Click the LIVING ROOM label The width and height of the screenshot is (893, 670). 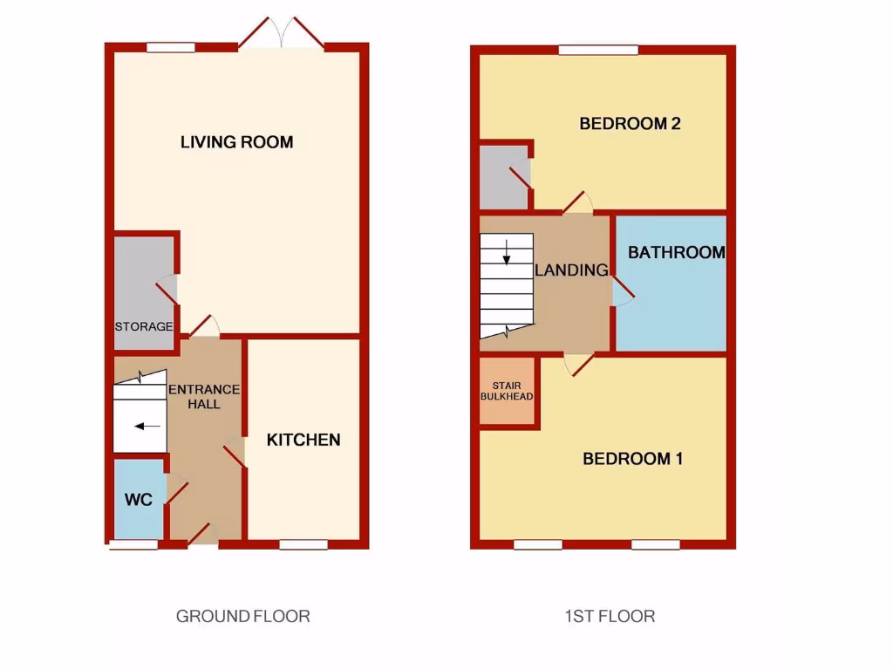click(x=236, y=142)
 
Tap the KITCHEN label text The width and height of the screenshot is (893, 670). click(x=303, y=440)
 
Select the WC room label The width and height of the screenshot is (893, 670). click(x=139, y=500)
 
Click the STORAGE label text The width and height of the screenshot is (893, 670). click(x=144, y=326)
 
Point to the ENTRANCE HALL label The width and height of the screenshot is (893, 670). click(x=204, y=396)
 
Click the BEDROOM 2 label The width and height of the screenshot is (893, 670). click(x=630, y=124)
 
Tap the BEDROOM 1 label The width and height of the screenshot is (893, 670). click(x=632, y=459)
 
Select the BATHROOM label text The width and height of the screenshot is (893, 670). click(x=676, y=253)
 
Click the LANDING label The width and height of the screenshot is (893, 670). click(x=571, y=270)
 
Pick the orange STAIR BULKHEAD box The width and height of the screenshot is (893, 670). click(x=507, y=391)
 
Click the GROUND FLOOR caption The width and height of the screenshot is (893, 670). click(x=243, y=616)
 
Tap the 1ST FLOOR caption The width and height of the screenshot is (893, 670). click(x=609, y=616)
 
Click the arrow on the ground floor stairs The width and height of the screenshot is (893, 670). click(x=147, y=427)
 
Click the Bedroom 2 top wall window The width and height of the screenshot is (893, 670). click(x=598, y=50)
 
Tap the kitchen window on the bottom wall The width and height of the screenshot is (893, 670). click(x=303, y=545)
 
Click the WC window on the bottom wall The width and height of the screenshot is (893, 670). click(x=133, y=545)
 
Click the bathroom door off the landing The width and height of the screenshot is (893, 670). click(x=622, y=293)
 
